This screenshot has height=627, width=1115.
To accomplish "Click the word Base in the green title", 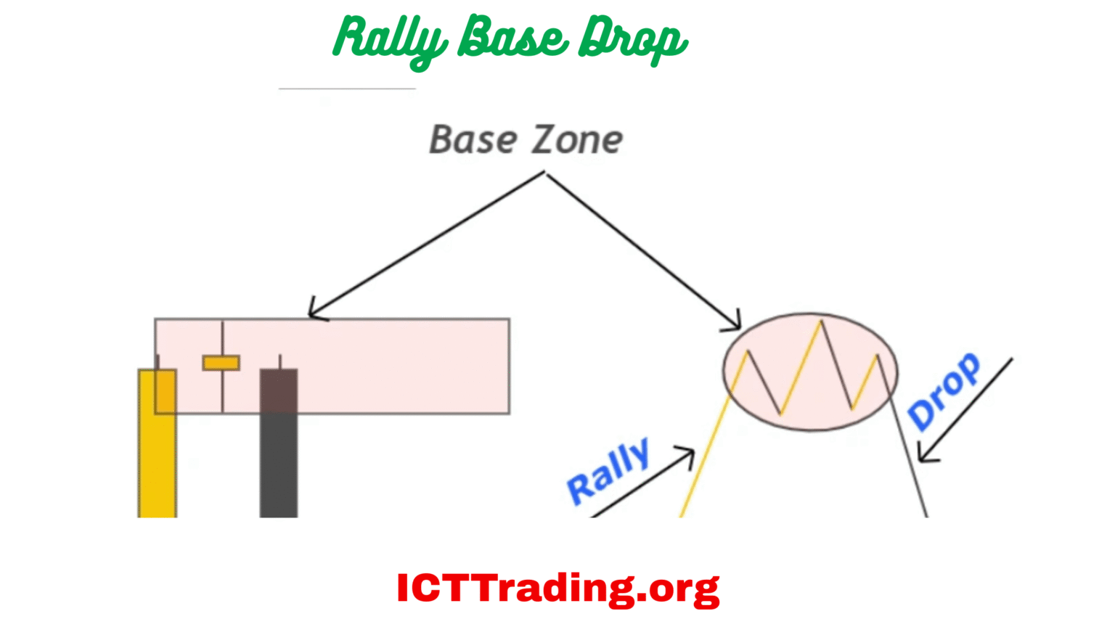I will coord(512,38).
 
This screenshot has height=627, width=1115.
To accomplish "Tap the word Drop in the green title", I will coord(632,39).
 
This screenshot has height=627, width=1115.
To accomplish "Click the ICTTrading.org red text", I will coord(557,588).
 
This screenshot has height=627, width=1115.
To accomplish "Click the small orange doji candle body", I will coord(221,363).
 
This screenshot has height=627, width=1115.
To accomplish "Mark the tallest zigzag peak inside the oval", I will coord(821,321).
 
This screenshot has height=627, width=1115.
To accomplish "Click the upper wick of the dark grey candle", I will coord(280,361).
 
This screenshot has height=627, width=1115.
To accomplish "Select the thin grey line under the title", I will coord(347,89).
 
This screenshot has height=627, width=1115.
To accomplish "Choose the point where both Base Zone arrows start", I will coord(544,173).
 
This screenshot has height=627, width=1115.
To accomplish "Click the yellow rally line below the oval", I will coord(704,457).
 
